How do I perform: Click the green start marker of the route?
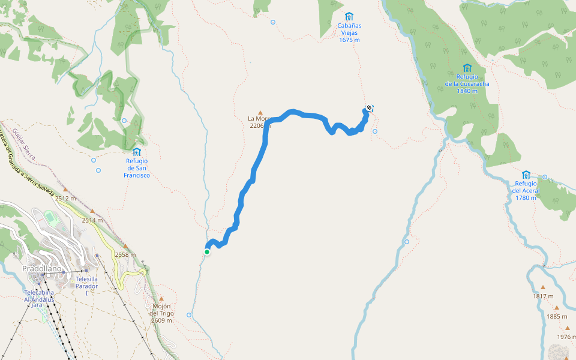207,252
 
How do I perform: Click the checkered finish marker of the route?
368,108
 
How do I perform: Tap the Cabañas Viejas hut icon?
349,16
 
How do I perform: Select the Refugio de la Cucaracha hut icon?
467,68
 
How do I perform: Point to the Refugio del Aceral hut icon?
526,175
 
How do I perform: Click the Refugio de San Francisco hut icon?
137,152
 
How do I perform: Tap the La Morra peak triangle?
260,112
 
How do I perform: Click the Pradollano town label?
42,269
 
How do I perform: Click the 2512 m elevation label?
65,198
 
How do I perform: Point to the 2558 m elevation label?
124,254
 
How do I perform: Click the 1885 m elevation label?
557,316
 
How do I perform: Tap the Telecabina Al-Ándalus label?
39,295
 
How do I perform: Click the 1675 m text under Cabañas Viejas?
349,40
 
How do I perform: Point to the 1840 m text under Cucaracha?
467,91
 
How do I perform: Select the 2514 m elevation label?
92,220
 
